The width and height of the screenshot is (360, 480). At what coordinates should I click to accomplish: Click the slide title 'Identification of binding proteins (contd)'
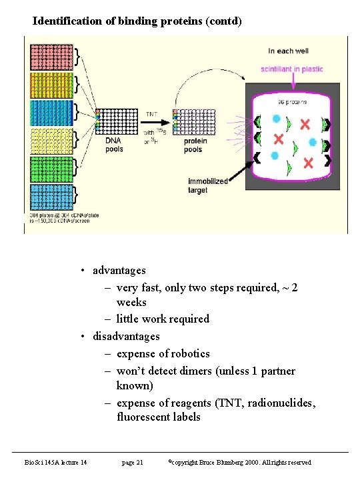[137, 21]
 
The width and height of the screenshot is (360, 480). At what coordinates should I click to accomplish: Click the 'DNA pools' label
[114, 145]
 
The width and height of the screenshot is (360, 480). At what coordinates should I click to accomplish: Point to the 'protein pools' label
[195, 145]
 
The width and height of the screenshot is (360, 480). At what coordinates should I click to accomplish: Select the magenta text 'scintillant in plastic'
[292, 69]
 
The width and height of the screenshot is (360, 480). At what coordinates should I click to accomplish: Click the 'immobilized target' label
[207, 185]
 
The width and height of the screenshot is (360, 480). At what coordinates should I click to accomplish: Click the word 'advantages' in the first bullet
[119, 270]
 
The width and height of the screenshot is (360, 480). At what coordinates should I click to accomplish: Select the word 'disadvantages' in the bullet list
[126, 336]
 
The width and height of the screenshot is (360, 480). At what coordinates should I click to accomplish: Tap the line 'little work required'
[163, 319]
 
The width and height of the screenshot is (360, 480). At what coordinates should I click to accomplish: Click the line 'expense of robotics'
[163, 353]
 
